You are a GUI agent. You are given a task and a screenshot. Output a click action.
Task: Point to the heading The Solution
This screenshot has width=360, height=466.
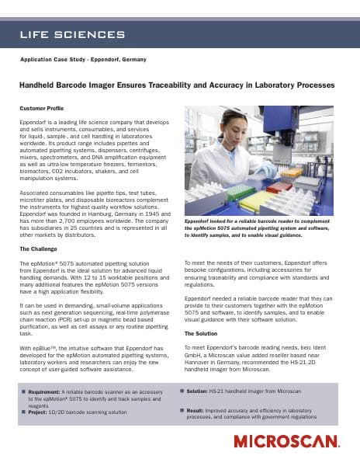[200, 333]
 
